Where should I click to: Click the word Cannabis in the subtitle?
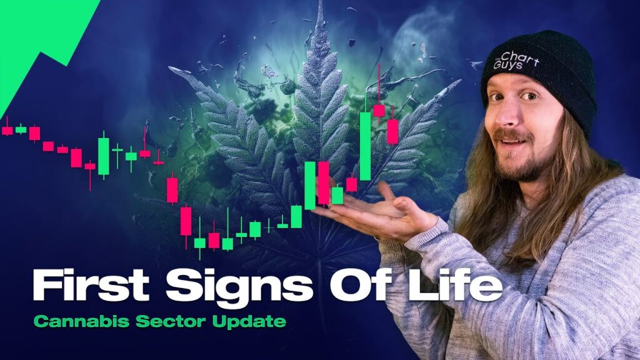click(x=81, y=321)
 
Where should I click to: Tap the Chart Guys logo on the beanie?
click(x=516, y=61)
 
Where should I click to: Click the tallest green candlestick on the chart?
click(x=365, y=145)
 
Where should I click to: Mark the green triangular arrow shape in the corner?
click(x=41, y=45)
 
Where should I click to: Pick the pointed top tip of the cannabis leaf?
click(x=320, y=2)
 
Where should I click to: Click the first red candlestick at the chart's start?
click(x=7, y=130)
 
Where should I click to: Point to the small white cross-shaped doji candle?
click(x=269, y=225)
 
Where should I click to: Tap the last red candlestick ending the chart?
click(x=392, y=131)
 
